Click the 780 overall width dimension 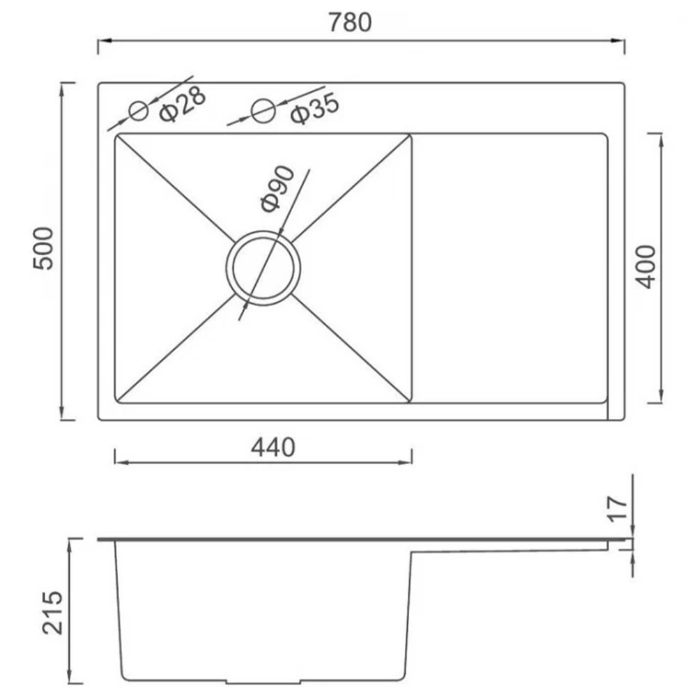coord(350,22)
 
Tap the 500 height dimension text coord(43,248)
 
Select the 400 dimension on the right coord(645,267)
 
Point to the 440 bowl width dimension coord(273,447)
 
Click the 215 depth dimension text coord(53,613)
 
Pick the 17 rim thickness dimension coord(617,509)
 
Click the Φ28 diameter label coord(183,104)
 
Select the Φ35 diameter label coord(315,109)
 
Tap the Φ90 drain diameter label coord(277,188)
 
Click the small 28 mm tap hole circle coord(139,111)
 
